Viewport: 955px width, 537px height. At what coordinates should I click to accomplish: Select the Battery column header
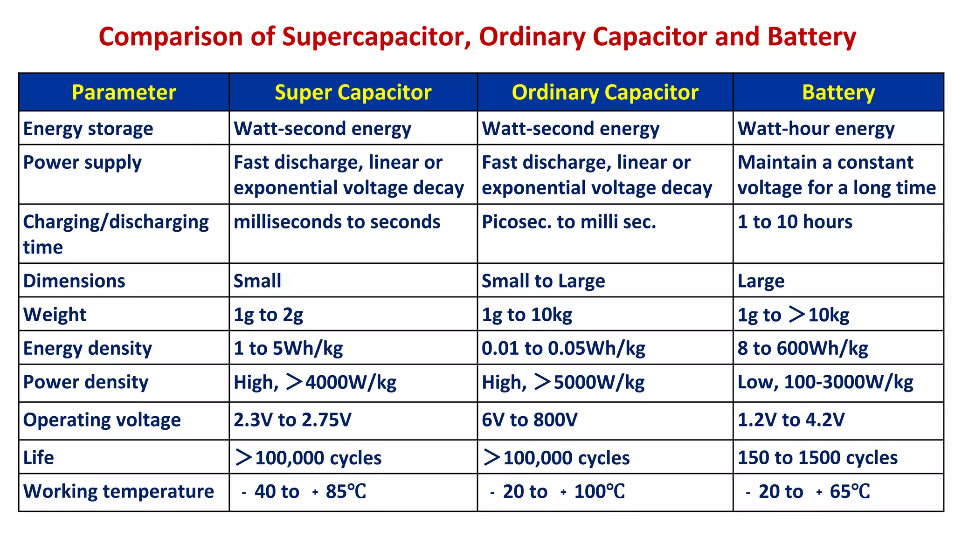pyautogui.click(x=838, y=92)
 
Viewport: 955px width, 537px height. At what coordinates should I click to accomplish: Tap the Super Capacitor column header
pyautogui.click(x=353, y=92)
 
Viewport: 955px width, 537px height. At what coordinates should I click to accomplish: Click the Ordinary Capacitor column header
pyautogui.click(x=605, y=92)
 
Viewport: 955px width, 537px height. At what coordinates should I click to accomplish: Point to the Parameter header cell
pyautogui.click(x=124, y=92)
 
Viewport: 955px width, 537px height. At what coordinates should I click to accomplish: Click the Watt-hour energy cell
pyautogui.click(x=816, y=128)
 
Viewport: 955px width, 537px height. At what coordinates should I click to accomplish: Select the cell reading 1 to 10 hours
pyautogui.click(x=795, y=222)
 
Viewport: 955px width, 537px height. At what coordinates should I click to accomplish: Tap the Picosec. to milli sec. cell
pyautogui.click(x=568, y=222)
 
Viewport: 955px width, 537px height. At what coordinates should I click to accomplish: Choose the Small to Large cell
pyautogui.click(x=543, y=281)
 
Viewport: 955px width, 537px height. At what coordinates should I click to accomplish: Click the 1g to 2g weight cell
pyautogui.click(x=268, y=315)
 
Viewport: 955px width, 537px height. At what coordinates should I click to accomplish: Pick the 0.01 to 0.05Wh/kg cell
pyautogui.click(x=563, y=348)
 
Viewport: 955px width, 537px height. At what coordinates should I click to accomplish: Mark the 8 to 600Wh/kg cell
pyautogui.click(x=803, y=348)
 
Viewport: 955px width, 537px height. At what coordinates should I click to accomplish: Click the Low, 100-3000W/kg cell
pyautogui.click(x=825, y=382)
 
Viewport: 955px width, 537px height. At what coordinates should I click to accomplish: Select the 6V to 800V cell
pyautogui.click(x=529, y=420)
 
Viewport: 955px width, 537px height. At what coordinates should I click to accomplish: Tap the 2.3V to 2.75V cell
pyautogui.click(x=292, y=420)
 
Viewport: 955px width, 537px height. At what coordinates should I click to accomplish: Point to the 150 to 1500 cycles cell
pyautogui.click(x=817, y=457)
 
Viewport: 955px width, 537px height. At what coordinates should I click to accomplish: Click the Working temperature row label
pyautogui.click(x=118, y=491)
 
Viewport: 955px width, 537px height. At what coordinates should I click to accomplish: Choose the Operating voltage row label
pyautogui.click(x=102, y=420)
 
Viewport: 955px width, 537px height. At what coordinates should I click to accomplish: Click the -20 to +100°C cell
pyautogui.click(x=557, y=492)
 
